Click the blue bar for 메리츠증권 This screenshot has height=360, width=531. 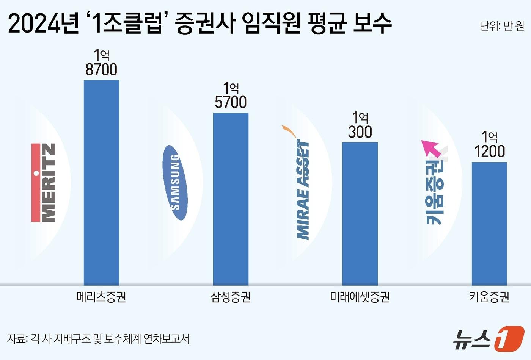(x=101, y=182)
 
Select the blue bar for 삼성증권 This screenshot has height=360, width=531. (x=231, y=199)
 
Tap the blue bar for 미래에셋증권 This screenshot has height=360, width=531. (x=360, y=214)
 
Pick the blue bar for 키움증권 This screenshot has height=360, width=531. (x=489, y=224)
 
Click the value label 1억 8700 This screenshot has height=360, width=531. (x=101, y=63)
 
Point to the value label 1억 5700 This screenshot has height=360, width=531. (x=231, y=95)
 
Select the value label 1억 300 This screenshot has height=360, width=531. (x=360, y=125)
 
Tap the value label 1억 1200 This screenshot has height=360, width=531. (x=490, y=145)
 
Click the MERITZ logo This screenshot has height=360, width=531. (x=43, y=182)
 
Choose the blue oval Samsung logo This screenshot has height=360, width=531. (x=175, y=182)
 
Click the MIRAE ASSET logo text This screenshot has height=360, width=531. (x=303, y=189)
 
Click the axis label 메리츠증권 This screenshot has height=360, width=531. (x=101, y=297)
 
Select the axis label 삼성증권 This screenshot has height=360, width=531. (x=231, y=297)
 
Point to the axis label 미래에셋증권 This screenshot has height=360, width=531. (x=360, y=297)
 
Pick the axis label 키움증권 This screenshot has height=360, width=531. (x=489, y=297)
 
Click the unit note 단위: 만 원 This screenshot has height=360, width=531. (x=502, y=26)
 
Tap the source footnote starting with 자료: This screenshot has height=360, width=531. (x=98, y=338)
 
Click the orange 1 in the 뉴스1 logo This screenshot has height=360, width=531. (x=509, y=338)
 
